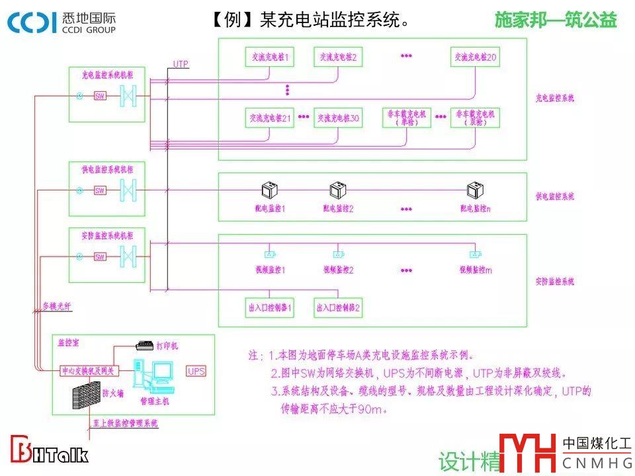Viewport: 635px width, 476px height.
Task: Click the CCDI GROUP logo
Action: (x=62, y=22)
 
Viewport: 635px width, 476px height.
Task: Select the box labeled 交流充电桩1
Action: (x=269, y=58)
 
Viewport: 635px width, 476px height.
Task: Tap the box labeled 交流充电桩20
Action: (x=476, y=58)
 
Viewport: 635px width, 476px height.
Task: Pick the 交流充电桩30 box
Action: (x=338, y=118)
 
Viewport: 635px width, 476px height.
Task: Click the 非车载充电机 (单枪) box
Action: (x=407, y=118)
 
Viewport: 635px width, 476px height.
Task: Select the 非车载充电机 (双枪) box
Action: (x=476, y=118)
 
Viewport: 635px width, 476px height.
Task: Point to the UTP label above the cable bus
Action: (x=181, y=64)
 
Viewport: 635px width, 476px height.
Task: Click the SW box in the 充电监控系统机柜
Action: (x=101, y=96)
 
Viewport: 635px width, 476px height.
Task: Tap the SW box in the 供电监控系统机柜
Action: (x=100, y=191)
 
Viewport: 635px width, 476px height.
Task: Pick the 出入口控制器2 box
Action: (x=338, y=307)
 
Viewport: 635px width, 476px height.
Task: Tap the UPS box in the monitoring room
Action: (x=196, y=371)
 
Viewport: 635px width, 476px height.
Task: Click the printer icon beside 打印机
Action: (x=144, y=345)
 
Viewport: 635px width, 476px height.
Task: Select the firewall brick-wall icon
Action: (x=85, y=397)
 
